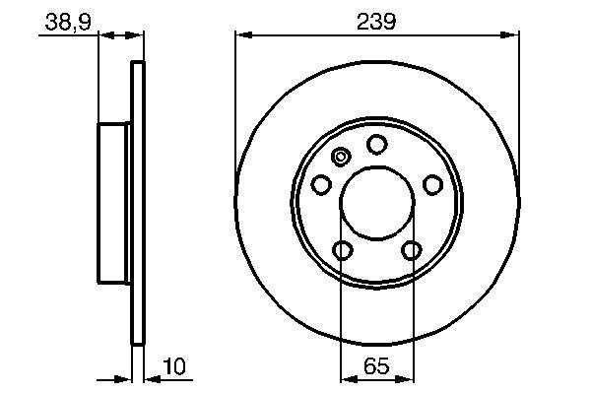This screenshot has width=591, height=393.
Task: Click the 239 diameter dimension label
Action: [376, 22]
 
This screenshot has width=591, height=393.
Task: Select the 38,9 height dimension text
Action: [68, 22]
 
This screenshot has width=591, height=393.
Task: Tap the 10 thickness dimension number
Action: [174, 366]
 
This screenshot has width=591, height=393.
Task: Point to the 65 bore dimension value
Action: [376, 365]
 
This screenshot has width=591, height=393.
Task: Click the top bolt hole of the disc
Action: [377, 145]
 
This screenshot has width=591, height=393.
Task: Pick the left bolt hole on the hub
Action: [321, 184]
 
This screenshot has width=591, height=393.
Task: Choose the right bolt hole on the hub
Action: [432, 184]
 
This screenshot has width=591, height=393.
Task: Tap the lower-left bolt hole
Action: [343, 250]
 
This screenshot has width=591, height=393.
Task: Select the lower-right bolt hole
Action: [412, 250]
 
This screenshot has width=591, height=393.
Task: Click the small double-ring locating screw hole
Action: [341, 157]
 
